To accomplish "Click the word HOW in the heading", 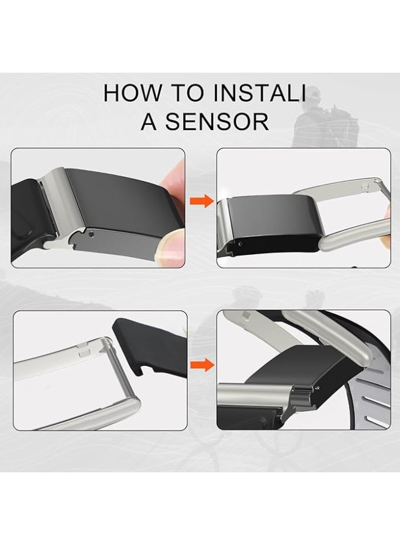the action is click(133, 93).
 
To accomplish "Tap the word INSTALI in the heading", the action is click(259, 93).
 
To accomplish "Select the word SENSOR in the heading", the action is click(217, 121).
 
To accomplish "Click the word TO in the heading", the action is click(187, 93).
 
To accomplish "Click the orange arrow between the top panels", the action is click(201, 201).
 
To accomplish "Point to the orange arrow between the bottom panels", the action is click(202, 365).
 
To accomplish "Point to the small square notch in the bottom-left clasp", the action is click(84, 354).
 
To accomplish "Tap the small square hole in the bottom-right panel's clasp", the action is click(245, 315).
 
